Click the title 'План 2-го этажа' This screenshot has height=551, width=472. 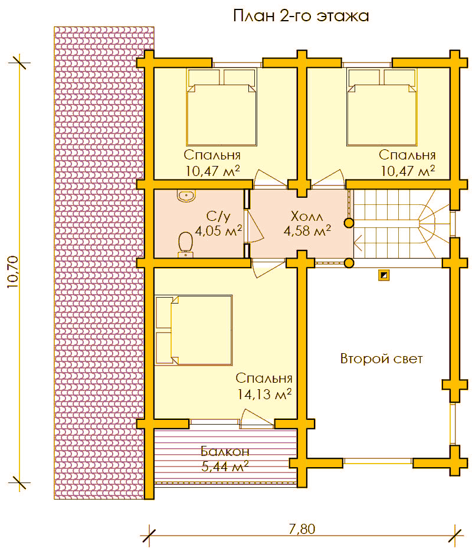click(301, 16)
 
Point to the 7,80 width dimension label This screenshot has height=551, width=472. click(302, 529)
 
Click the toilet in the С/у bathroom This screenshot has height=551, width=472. click(185, 244)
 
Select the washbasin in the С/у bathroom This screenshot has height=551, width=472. click(186, 195)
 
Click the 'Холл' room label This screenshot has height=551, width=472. click(307, 216)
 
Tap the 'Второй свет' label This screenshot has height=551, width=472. click(381, 359)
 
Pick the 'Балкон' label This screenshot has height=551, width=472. click(225, 451)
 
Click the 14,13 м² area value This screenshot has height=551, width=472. click(264, 394)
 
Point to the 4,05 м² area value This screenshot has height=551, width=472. click(218, 230)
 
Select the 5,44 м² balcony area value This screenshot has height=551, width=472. click(225, 466)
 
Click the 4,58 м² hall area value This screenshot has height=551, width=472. click(307, 230)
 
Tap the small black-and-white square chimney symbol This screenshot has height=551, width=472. click(384, 275)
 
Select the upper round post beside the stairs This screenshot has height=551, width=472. click(349, 223)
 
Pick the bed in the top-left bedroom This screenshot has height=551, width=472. click(222, 107)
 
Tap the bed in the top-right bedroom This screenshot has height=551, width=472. click(382, 107)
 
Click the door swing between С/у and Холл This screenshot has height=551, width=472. click(254, 226)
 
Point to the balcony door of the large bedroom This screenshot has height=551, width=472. click(257, 419)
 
